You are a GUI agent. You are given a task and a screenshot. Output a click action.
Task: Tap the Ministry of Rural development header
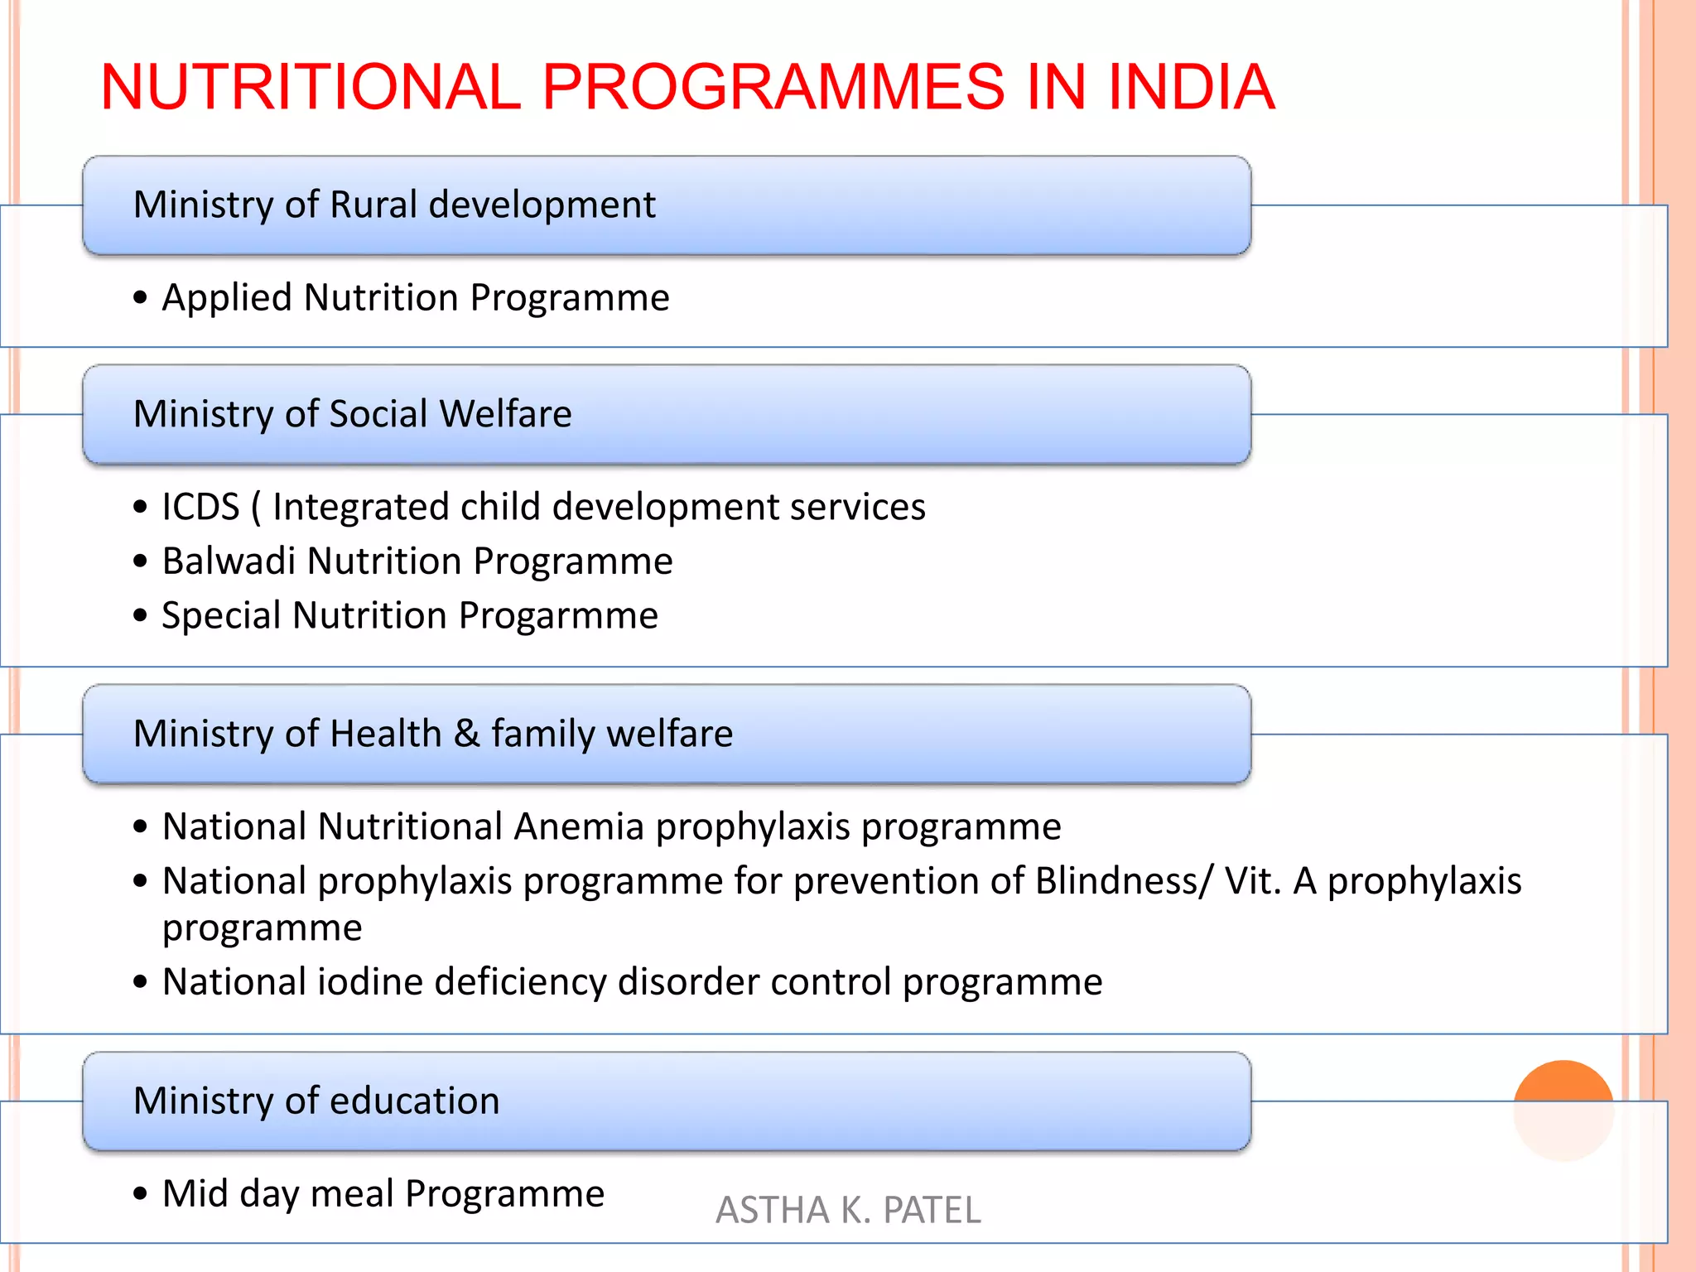394,205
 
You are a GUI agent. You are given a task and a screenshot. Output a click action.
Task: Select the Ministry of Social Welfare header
352,413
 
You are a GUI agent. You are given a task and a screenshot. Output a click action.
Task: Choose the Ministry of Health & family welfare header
433,734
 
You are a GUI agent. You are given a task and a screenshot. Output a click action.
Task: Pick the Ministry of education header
316,1101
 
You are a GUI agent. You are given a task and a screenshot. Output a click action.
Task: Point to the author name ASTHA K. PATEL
848,1210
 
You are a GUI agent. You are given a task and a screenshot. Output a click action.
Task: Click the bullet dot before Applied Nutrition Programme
140,297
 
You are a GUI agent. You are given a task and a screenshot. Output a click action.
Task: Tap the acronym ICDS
200,507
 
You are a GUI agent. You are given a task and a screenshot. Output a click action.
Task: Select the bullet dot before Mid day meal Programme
140,1194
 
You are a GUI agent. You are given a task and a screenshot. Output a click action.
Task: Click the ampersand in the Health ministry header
466,734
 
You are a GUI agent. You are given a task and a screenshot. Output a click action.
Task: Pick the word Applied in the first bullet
227,298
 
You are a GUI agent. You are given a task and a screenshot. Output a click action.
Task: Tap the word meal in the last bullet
352,1194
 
